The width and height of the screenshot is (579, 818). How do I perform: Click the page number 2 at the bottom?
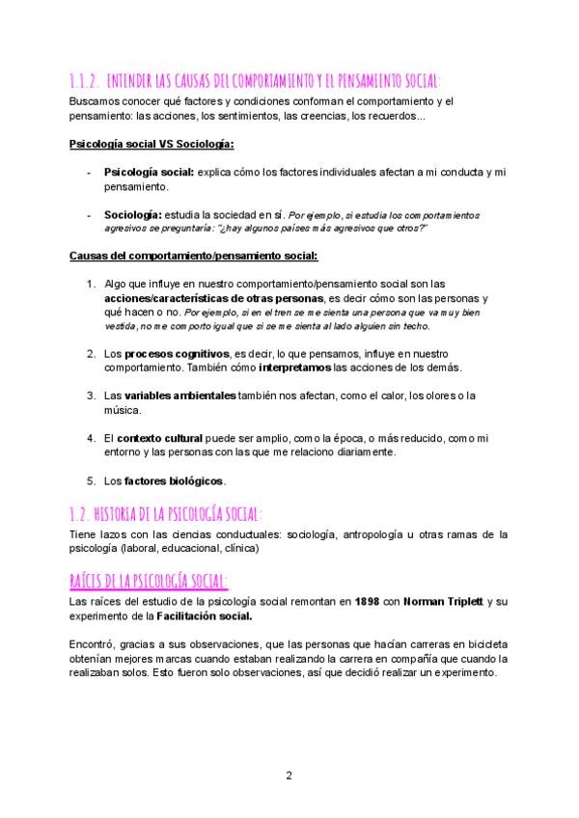289,776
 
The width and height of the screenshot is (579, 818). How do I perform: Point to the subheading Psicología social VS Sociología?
152,146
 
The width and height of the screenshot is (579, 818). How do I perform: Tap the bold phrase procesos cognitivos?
177,354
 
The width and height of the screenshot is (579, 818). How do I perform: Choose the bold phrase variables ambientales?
179,395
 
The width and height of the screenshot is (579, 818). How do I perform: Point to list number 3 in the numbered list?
90,395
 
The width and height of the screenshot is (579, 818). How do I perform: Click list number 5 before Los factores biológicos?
90,479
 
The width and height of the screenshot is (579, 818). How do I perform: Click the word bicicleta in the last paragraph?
488,644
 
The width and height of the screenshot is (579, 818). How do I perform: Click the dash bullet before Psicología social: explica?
89,171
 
